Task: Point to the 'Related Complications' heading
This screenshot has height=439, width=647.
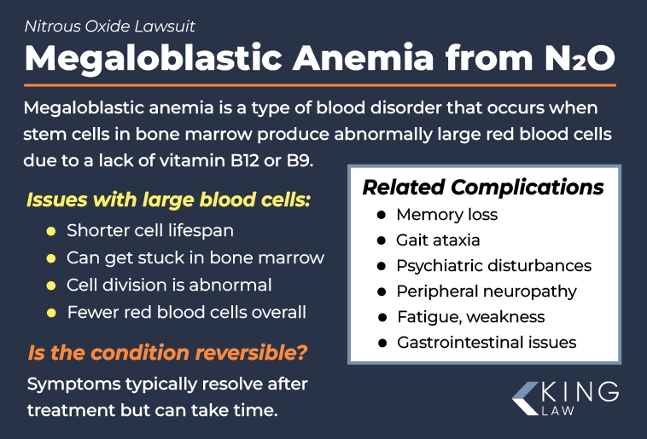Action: tap(483, 187)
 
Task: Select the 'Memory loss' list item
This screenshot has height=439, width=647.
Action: tap(446, 215)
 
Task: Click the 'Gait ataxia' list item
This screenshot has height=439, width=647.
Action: tap(438, 240)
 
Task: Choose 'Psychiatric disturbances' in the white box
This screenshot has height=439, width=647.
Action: tap(493, 266)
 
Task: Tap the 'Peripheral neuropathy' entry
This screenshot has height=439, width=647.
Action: tap(487, 292)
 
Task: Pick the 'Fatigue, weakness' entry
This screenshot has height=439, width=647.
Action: tap(470, 317)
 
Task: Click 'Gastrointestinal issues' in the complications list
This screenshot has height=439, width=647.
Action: tap(487, 343)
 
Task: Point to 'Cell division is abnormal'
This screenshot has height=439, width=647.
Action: tap(169, 285)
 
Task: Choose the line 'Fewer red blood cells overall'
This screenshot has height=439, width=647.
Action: tap(186, 312)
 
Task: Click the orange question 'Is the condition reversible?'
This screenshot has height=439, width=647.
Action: tap(167, 351)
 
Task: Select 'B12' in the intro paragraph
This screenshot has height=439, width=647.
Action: tap(256, 160)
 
